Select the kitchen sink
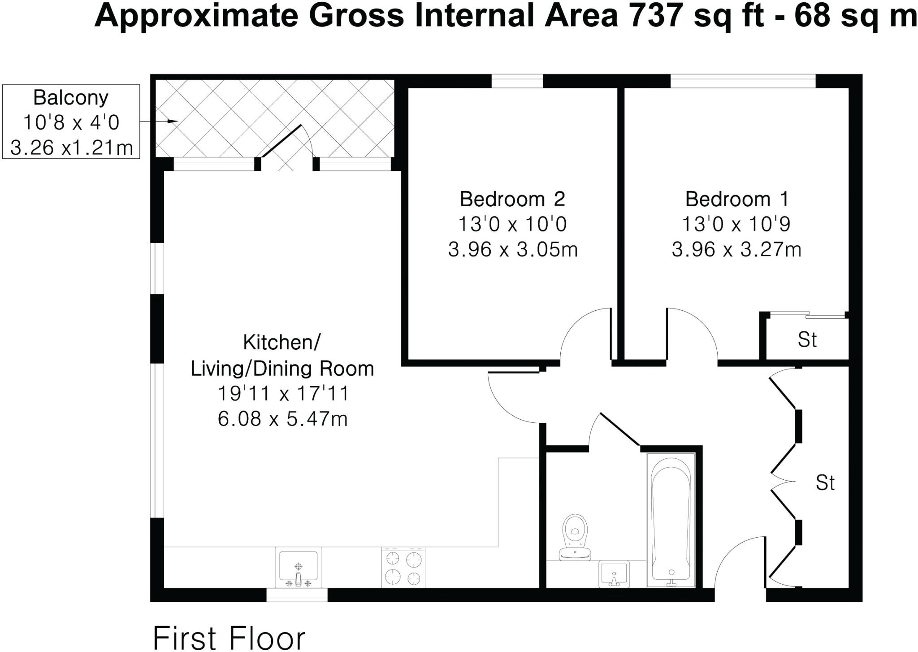pos(298,568)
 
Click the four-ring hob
pos(403,568)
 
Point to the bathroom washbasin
pos(614,574)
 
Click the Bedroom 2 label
pos(512,199)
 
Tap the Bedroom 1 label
pos(736,199)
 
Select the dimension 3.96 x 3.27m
pos(736,249)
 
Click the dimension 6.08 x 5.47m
pos(282,419)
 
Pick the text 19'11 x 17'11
pos(282,394)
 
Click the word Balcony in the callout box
pos(71,98)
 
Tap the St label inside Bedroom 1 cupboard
pos(807,340)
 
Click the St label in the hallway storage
pos(825,483)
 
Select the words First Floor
pos(229,638)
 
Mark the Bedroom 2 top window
pos(517,82)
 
